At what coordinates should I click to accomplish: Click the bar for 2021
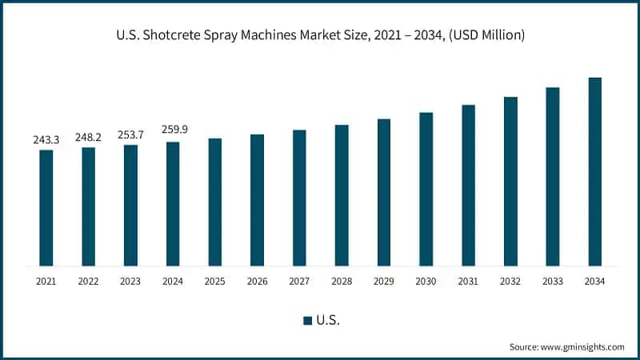pos(46,208)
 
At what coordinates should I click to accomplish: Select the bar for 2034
pos(594,172)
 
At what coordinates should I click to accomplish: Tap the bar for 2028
pos(342,195)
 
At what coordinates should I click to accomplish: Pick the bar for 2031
pos(468,185)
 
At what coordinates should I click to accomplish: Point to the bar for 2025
pos(215,202)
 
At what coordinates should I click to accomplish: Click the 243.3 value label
pos(46,140)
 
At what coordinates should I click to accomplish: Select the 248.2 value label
pos(88,138)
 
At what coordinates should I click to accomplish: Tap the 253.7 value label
pos(130,134)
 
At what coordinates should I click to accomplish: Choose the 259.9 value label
pos(173,132)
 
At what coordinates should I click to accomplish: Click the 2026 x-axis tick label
pos(257,281)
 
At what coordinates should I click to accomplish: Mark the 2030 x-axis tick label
pos(426,281)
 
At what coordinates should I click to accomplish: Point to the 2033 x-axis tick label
pos(552,281)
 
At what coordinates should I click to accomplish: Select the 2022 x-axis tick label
pos(88,281)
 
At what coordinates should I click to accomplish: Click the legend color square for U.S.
pos(307,320)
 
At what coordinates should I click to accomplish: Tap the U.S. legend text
pos(328,320)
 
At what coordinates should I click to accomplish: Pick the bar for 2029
pos(384,192)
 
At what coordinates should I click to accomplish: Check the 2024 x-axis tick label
pos(173,281)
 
